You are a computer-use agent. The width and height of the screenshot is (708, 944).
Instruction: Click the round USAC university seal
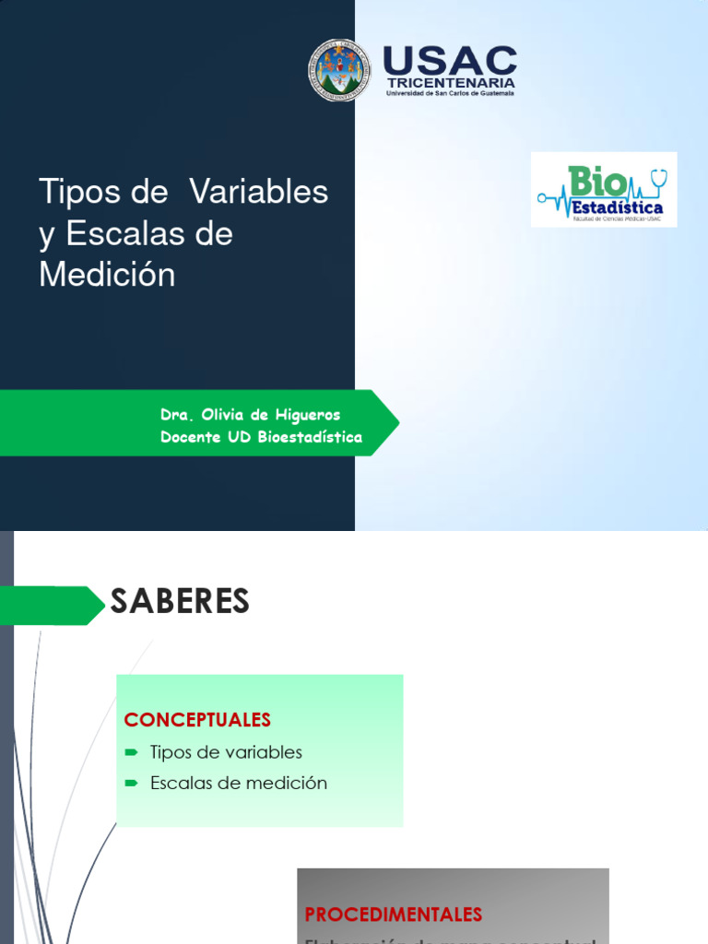click(x=338, y=70)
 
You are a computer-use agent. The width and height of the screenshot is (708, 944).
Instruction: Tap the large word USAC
click(x=450, y=61)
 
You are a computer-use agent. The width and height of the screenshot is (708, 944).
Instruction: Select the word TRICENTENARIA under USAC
click(x=451, y=83)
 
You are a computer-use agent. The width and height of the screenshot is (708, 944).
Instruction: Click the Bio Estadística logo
click(x=604, y=189)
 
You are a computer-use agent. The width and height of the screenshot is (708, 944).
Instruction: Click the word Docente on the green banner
click(x=190, y=437)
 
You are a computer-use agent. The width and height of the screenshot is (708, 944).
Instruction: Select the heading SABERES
click(x=180, y=602)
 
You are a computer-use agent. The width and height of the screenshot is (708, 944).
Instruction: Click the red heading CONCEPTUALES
click(x=197, y=719)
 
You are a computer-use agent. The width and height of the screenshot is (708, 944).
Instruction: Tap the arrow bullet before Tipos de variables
click(x=131, y=752)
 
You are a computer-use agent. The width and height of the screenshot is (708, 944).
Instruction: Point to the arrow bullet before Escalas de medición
click(x=131, y=784)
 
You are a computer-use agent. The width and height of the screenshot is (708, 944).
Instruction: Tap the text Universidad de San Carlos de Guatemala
click(x=450, y=93)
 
